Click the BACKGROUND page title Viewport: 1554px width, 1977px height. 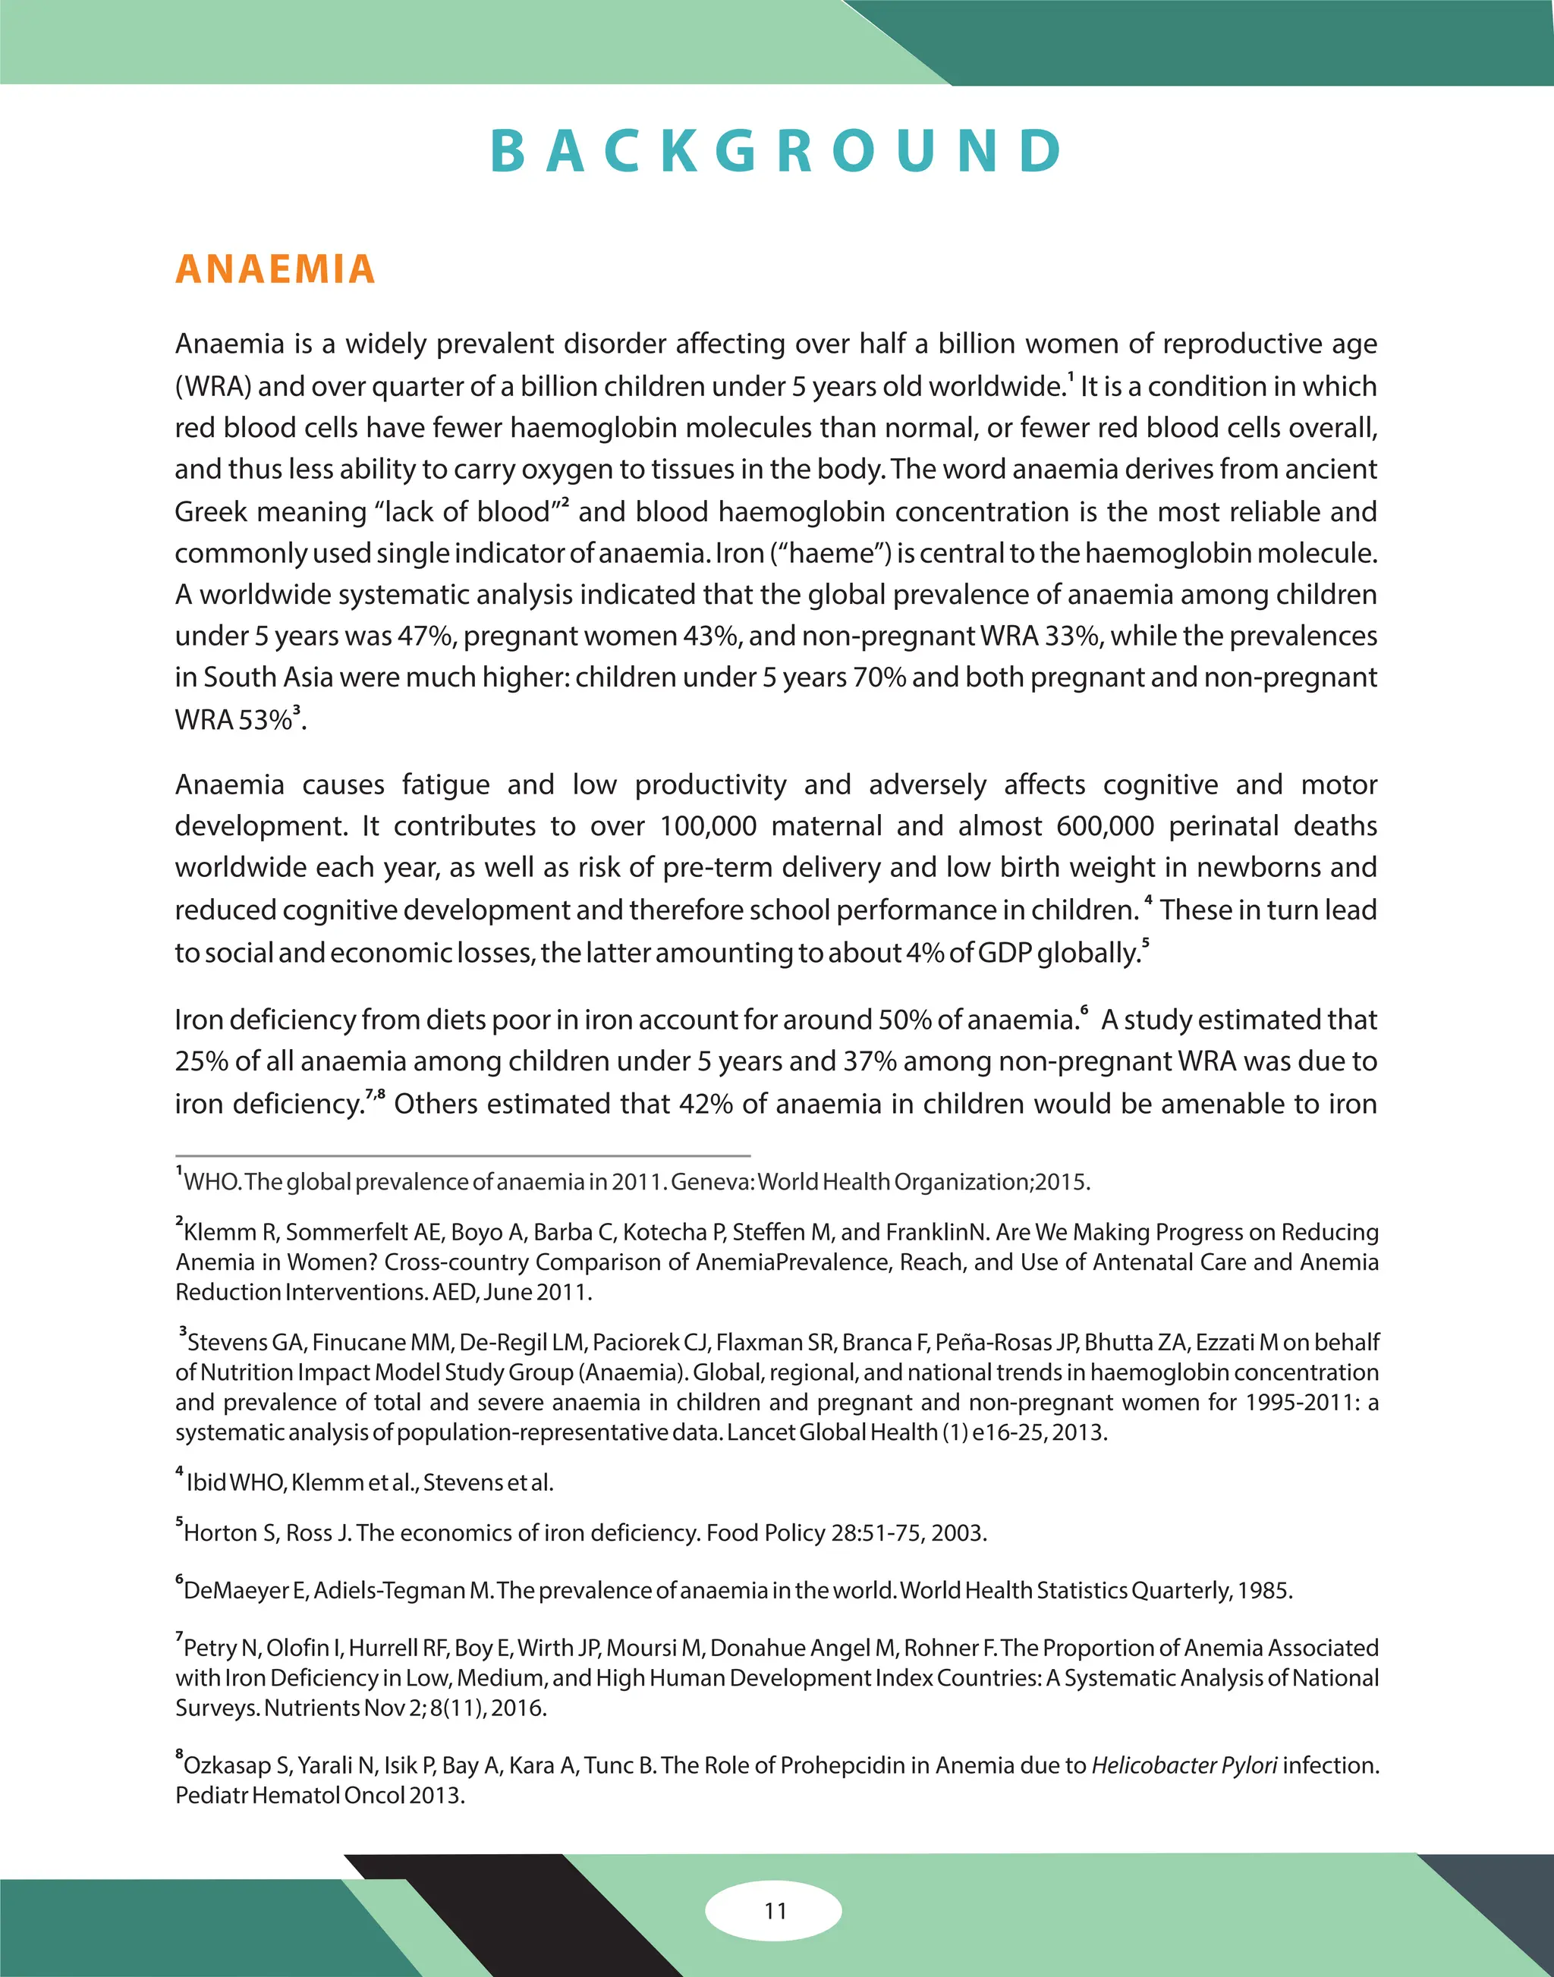click(776, 151)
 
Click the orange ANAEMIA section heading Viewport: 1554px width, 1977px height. click(275, 269)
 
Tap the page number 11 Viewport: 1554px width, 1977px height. click(775, 1909)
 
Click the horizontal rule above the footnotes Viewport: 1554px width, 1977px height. click(462, 1155)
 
